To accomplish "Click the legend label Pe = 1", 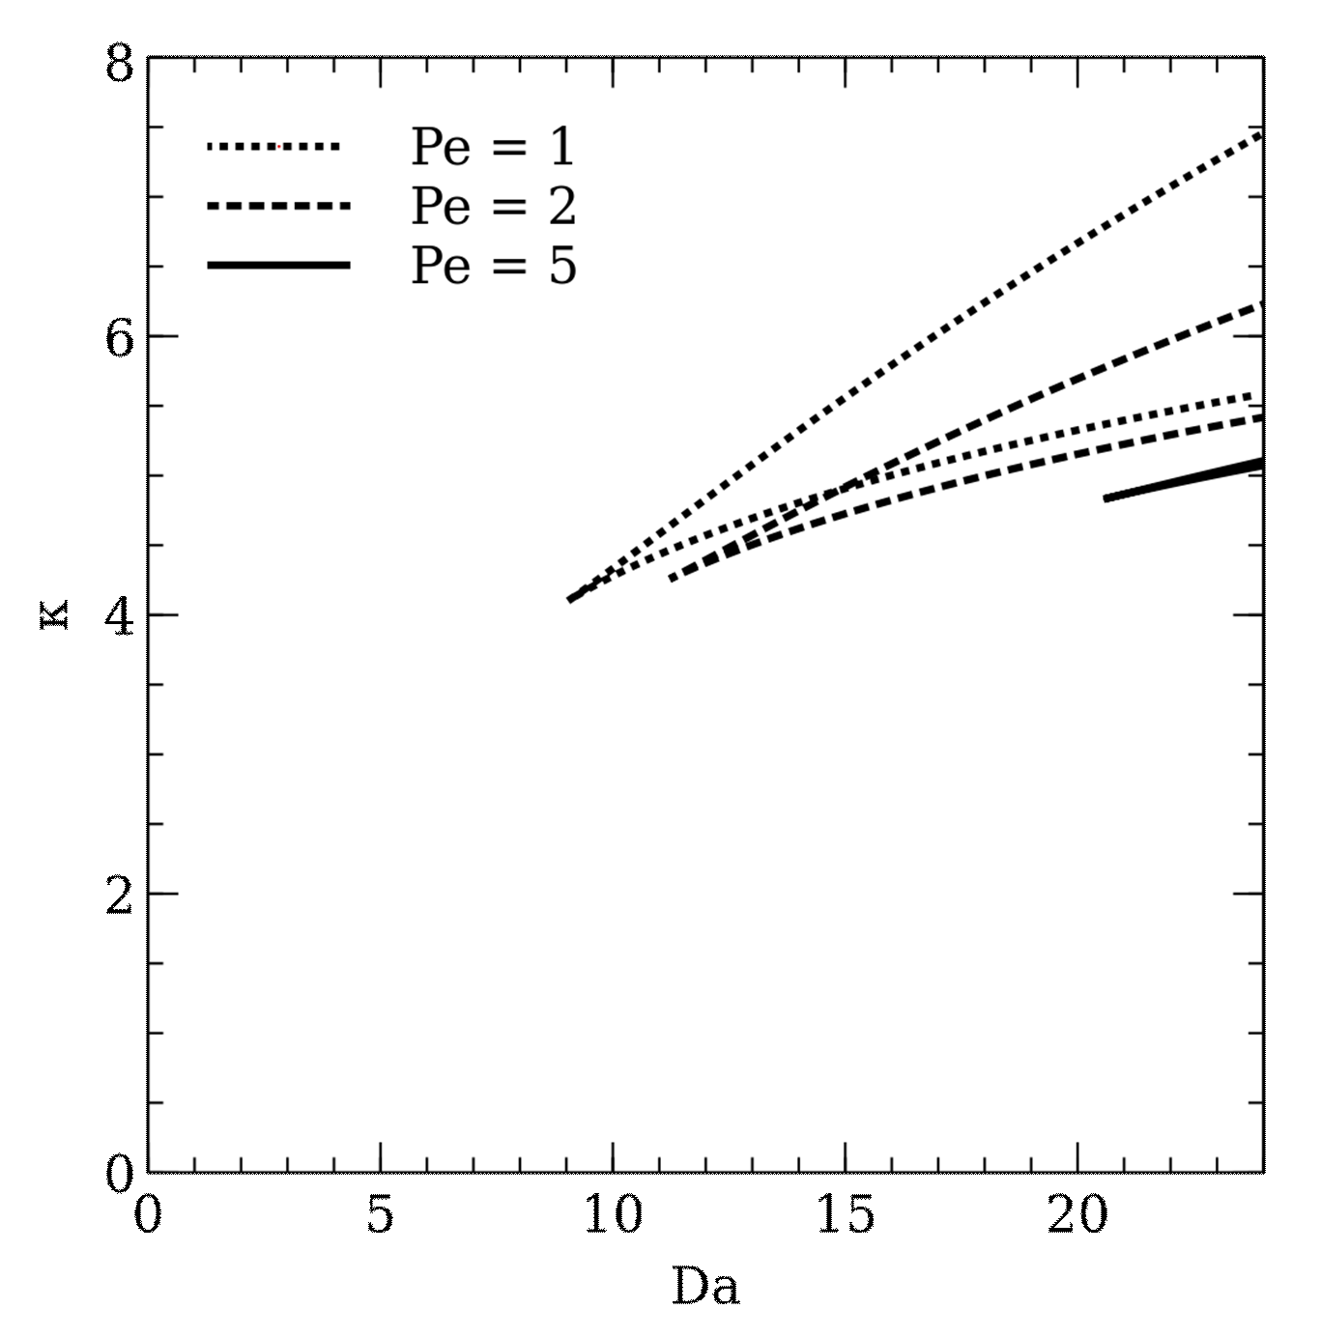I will pos(493,147).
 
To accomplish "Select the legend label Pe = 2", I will pos(493,206).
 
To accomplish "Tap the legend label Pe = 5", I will pos(493,265).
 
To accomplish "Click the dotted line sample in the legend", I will pos(273,147).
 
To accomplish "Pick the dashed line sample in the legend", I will pos(278,206).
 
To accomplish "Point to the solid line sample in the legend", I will pos(278,265).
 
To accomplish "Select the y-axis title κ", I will pos(55,614).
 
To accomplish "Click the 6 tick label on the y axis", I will pos(120,338).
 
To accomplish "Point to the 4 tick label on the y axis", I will pos(120,616).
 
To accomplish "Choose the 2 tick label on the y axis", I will pos(120,896).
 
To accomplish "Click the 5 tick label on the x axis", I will pos(380,1214).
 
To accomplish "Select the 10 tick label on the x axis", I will pos(613,1214).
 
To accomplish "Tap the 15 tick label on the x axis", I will pos(846,1214).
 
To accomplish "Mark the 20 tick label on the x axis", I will pos(1077,1214).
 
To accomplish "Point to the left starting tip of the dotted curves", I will pos(570,600).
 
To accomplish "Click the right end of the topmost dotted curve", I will pos(1260,134).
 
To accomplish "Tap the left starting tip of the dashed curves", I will pos(673,579).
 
